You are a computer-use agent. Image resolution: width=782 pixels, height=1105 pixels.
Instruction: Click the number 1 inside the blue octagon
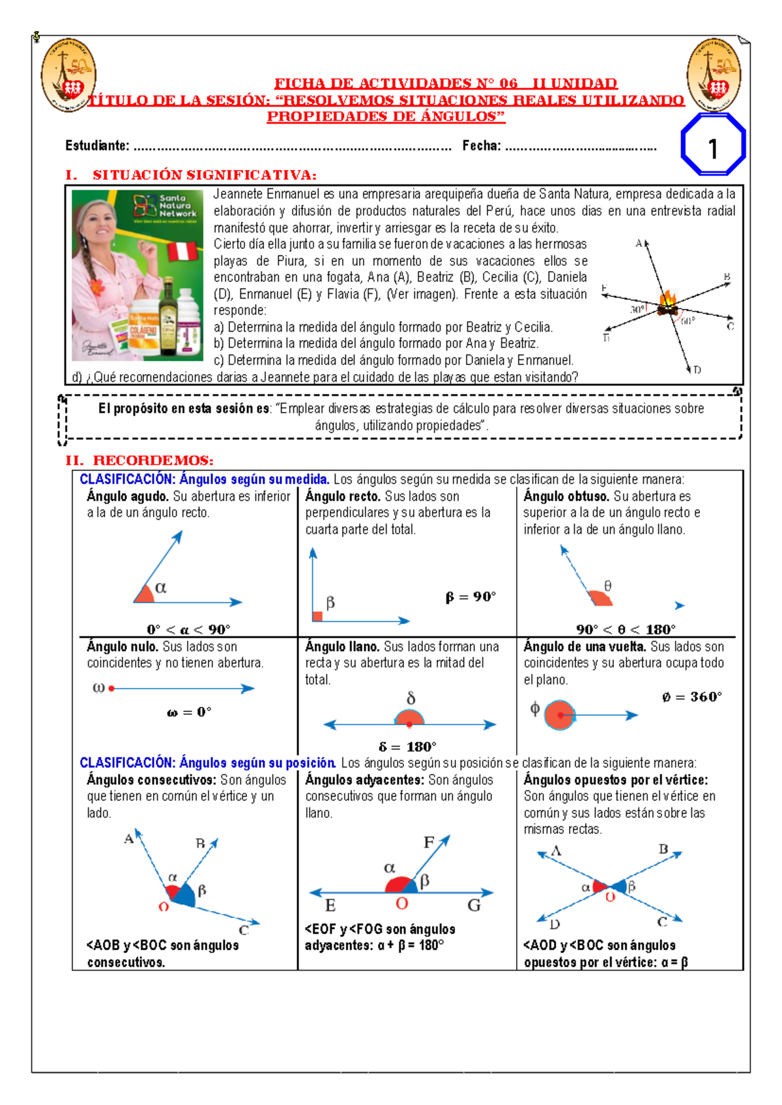pyautogui.click(x=713, y=149)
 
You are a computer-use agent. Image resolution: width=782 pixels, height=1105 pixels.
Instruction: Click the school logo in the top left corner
pyautogui.click(x=68, y=75)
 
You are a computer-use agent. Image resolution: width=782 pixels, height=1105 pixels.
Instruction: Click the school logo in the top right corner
pyautogui.click(x=714, y=75)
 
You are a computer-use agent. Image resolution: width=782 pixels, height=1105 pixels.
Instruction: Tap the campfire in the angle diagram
pyautogui.click(x=667, y=303)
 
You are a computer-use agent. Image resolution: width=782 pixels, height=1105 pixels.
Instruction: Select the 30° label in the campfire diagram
pyautogui.click(x=637, y=309)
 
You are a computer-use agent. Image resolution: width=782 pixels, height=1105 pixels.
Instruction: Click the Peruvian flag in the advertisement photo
pyautogui.click(x=182, y=251)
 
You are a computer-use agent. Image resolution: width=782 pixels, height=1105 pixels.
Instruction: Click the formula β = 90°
pyautogui.click(x=471, y=597)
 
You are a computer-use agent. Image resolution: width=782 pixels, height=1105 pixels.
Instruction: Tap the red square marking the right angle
pyautogui.click(x=317, y=616)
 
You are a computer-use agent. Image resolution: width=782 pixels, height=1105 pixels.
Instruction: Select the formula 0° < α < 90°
pyautogui.click(x=188, y=629)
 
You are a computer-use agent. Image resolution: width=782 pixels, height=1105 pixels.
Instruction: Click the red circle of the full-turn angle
pyautogui.click(x=559, y=715)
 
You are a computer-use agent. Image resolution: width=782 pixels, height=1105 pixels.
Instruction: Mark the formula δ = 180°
pyautogui.click(x=407, y=747)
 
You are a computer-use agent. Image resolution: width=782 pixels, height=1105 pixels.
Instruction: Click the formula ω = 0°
pyautogui.click(x=189, y=712)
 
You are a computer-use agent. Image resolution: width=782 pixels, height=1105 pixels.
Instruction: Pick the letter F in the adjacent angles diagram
pyautogui.click(x=429, y=842)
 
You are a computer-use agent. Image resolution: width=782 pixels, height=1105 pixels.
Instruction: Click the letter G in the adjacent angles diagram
pyautogui.click(x=474, y=905)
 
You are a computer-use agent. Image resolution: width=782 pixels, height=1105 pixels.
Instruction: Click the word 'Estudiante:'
pyautogui.click(x=97, y=146)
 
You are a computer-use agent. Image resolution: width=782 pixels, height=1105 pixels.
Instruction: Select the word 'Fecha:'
pyautogui.click(x=482, y=146)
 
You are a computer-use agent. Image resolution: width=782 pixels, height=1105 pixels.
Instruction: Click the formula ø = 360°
pyautogui.click(x=691, y=697)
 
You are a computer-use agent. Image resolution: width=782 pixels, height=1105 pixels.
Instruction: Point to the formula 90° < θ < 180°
pyautogui.click(x=626, y=629)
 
